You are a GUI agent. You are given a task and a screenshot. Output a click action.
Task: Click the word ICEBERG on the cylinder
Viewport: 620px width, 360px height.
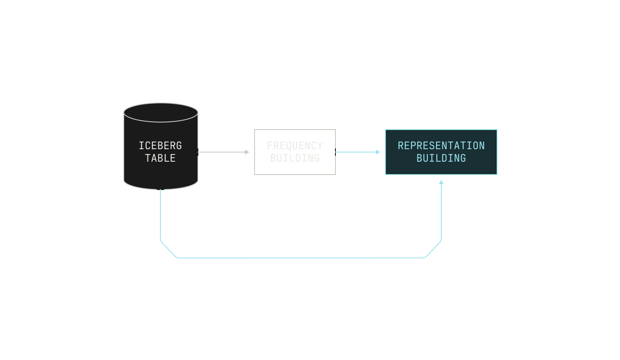tap(160, 145)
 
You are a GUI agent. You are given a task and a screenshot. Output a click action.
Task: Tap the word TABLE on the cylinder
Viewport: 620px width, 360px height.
tap(160, 158)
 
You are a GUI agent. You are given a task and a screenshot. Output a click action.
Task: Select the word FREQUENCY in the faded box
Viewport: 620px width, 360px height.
tap(295, 145)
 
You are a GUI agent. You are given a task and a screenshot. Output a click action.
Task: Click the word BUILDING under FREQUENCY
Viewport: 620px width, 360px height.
tap(295, 158)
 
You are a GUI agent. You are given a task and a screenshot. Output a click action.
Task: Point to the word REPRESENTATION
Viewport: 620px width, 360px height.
tap(441, 145)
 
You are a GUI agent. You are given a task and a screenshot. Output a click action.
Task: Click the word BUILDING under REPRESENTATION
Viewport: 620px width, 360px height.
tap(441, 158)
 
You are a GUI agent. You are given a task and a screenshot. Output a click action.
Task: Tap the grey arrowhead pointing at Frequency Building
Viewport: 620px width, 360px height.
tap(247, 152)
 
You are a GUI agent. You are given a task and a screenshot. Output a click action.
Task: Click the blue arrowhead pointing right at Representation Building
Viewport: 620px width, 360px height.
tap(378, 152)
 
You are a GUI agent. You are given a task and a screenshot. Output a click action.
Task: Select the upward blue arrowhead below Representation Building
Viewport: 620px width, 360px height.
tap(441, 182)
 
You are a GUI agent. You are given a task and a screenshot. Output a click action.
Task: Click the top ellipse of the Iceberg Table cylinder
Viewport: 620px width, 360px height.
tap(161, 112)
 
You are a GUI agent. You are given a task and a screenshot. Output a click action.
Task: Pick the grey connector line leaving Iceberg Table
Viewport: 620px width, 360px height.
tap(221, 152)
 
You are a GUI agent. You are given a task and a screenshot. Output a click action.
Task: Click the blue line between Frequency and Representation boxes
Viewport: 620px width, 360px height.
tap(356, 152)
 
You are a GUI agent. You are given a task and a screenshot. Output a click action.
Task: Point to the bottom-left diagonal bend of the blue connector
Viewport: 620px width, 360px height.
tap(168, 250)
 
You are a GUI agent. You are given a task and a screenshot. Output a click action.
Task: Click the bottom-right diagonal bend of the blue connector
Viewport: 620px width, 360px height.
tap(433, 250)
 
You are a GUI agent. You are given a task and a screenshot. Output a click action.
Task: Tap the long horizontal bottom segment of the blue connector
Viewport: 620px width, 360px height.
tap(301, 258)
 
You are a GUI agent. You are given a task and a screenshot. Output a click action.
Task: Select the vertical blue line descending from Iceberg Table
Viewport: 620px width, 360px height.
tap(160, 215)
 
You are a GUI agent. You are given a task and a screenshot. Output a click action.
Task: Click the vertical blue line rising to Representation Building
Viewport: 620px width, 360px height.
tap(441, 212)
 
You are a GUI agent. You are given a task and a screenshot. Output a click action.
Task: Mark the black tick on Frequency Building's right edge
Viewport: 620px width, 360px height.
tap(335, 152)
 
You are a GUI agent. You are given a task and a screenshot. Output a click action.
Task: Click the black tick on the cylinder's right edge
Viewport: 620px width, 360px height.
tap(198, 152)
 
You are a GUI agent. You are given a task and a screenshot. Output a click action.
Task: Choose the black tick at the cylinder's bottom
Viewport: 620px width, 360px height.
tap(160, 190)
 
